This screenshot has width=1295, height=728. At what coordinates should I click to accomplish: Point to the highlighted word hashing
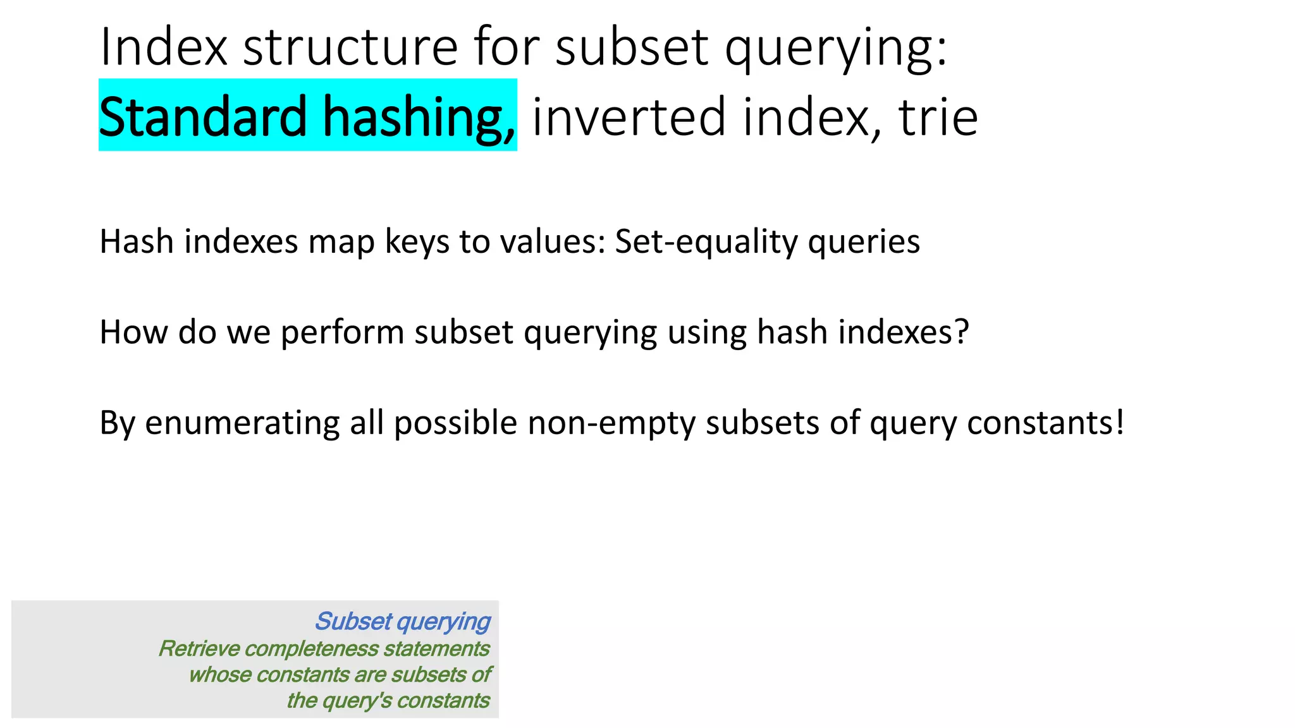click(419, 117)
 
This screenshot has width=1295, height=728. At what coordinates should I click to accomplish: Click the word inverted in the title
click(629, 117)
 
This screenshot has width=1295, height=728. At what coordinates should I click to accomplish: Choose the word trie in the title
click(938, 117)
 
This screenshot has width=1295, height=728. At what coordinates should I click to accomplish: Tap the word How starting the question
click(134, 332)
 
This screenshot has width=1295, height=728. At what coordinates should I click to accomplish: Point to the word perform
click(342, 333)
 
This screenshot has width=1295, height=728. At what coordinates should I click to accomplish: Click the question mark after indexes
click(962, 332)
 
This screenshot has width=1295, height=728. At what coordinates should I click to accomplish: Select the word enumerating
click(242, 423)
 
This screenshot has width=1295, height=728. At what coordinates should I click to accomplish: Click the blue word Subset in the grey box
click(353, 622)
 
